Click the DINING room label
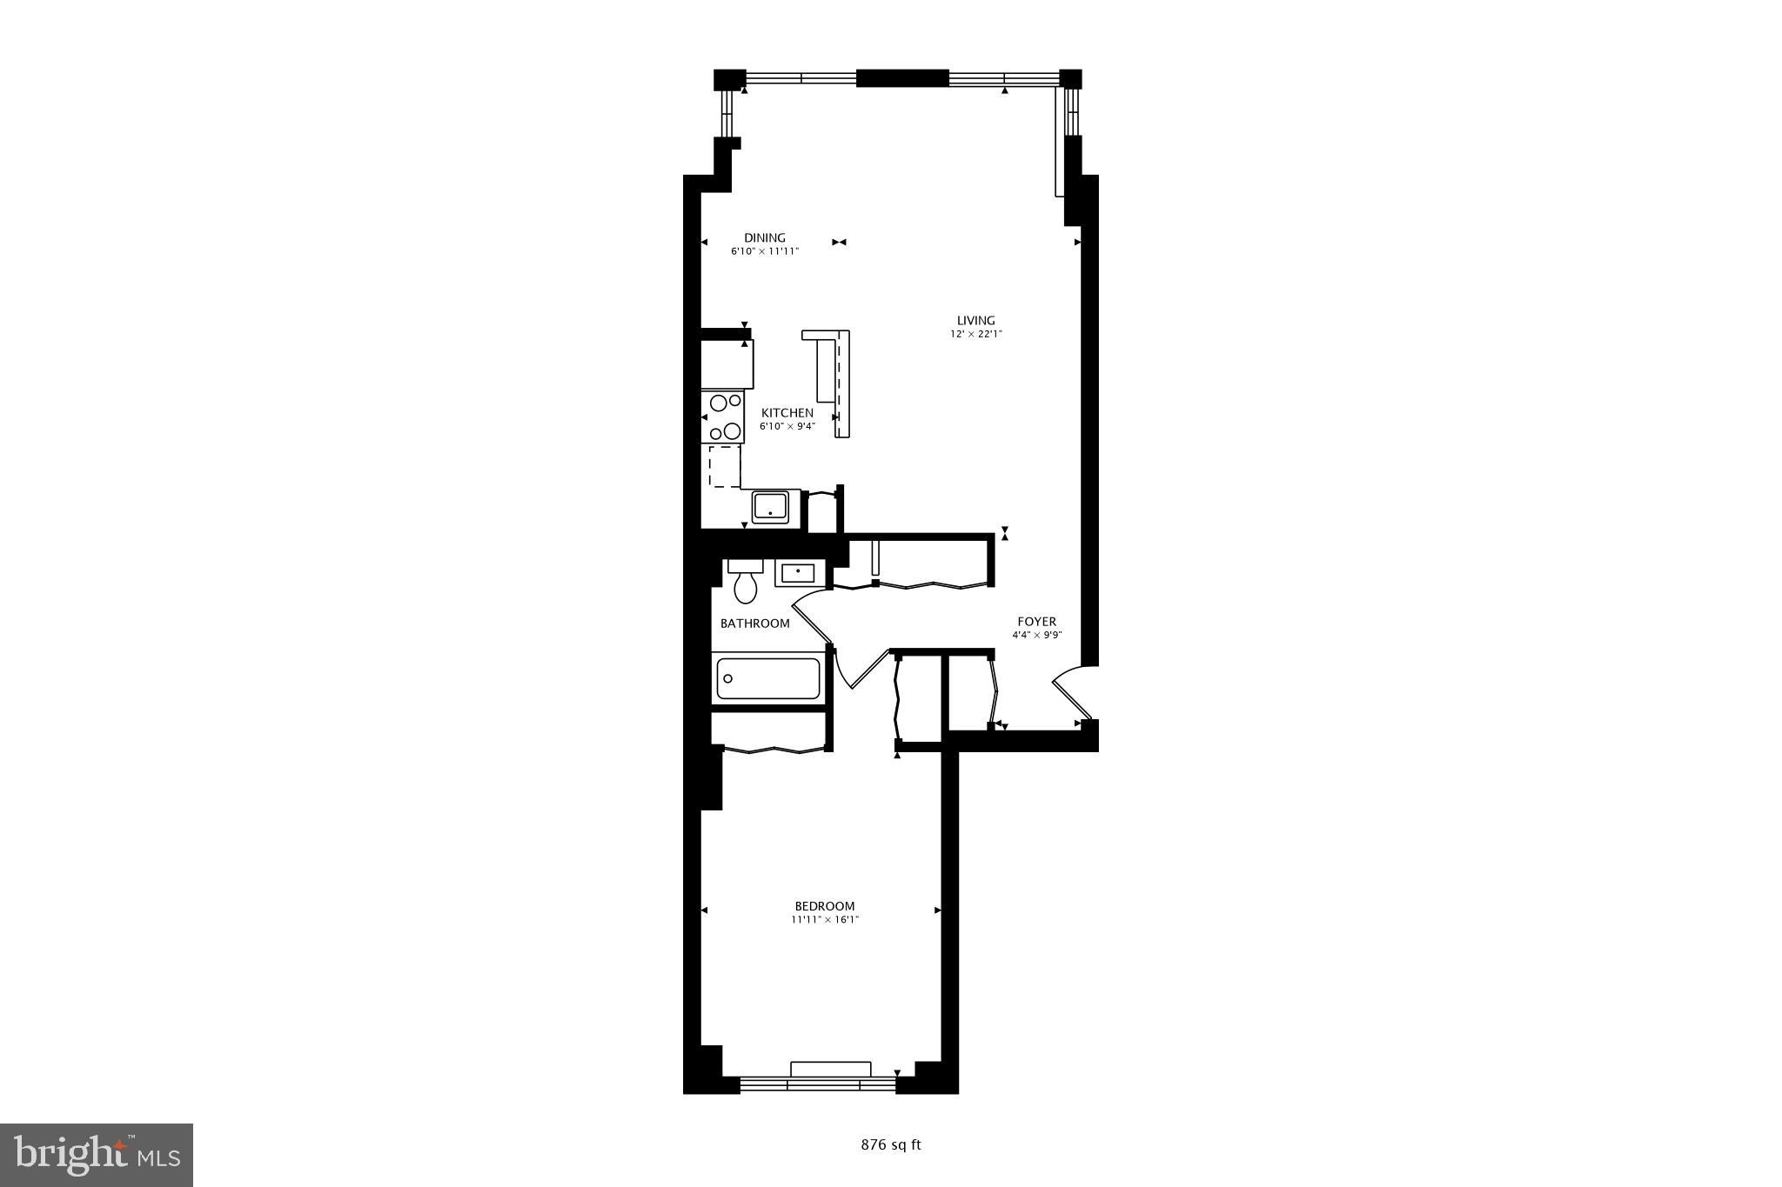(764, 237)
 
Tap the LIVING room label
(975, 320)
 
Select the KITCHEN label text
(787, 413)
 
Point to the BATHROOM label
(754, 624)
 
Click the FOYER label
(1036, 622)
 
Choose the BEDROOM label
(824, 906)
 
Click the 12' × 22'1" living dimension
(975, 334)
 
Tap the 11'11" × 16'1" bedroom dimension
(824, 919)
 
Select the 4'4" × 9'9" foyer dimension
(1036, 635)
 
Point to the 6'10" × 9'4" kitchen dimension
(787, 426)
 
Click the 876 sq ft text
(890, 1145)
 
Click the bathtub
(767, 679)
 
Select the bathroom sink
(797, 572)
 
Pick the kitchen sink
(769, 506)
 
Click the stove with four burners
(723, 417)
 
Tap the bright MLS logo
(97, 1155)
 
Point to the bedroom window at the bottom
(817, 1084)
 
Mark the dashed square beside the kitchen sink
(724, 466)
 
